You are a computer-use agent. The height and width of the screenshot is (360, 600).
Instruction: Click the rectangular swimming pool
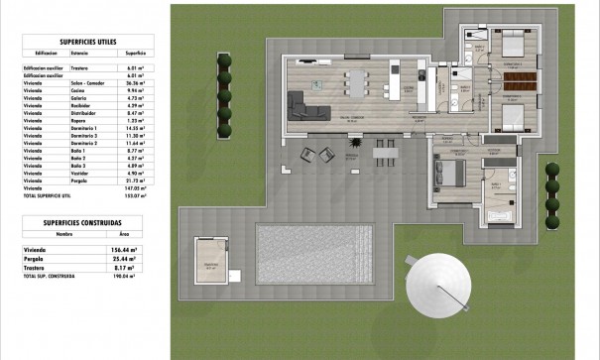(x=312, y=252)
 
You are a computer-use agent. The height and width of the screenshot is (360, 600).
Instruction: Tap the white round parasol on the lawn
(x=436, y=285)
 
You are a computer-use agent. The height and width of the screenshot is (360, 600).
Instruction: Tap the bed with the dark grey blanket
(x=448, y=172)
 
